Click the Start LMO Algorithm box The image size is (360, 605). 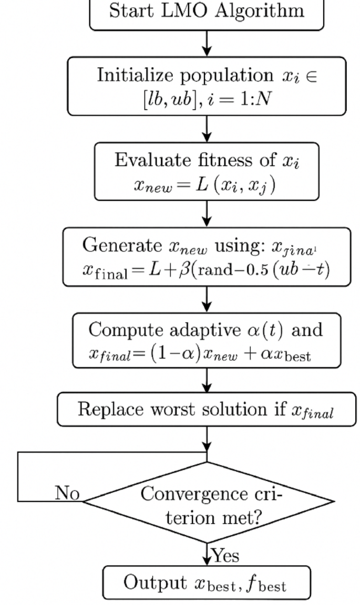pos(208,13)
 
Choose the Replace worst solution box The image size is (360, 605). pos(208,410)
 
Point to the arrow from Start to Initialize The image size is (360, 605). pos(208,44)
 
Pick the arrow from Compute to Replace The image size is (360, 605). pos(208,380)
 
